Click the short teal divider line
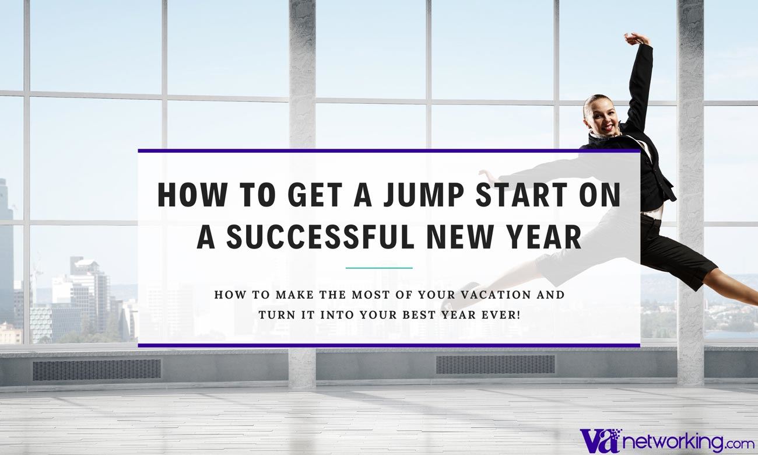tap(379, 268)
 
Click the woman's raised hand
tap(636, 38)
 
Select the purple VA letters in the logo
tap(599, 439)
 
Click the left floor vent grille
tap(96, 369)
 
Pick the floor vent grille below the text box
tap(495, 365)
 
